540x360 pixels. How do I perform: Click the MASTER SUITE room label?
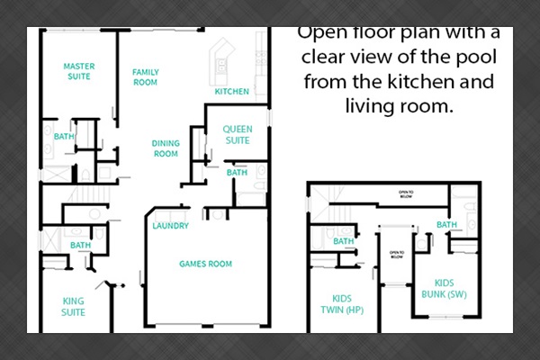(78, 71)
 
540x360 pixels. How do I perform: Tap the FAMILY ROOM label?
(145, 76)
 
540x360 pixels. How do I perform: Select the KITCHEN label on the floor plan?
(231, 92)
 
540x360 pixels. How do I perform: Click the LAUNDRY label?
(170, 226)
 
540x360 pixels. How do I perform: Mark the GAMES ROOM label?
(206, 264)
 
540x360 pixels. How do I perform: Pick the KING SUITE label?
(74, 307)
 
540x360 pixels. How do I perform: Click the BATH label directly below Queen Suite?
(237, 173)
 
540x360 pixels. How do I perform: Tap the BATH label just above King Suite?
(81, 245)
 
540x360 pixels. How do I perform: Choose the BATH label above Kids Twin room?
(344, 241)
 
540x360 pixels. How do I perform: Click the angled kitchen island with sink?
(220, 64)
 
